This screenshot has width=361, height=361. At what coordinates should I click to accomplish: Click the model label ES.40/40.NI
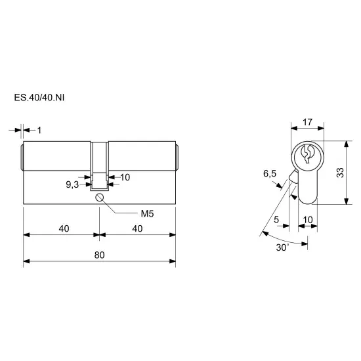tap(39, 98)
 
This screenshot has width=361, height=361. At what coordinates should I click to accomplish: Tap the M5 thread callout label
tap(147, 214)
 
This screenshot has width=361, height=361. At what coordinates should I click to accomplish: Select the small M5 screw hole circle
tap(99, 198)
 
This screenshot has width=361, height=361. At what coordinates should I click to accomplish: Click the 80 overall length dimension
tap(100, 255)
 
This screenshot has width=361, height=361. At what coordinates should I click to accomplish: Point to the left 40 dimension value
tap(64, 228)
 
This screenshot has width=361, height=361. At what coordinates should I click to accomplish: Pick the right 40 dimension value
tap(137, 228)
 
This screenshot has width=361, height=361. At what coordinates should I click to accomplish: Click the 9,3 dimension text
tap(72, 184)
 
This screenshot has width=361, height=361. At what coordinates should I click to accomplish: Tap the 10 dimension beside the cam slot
tap(125, 177)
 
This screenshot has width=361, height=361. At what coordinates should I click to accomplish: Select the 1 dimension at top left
tap(39, 131)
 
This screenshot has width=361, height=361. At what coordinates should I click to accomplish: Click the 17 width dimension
tap(308, 122)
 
